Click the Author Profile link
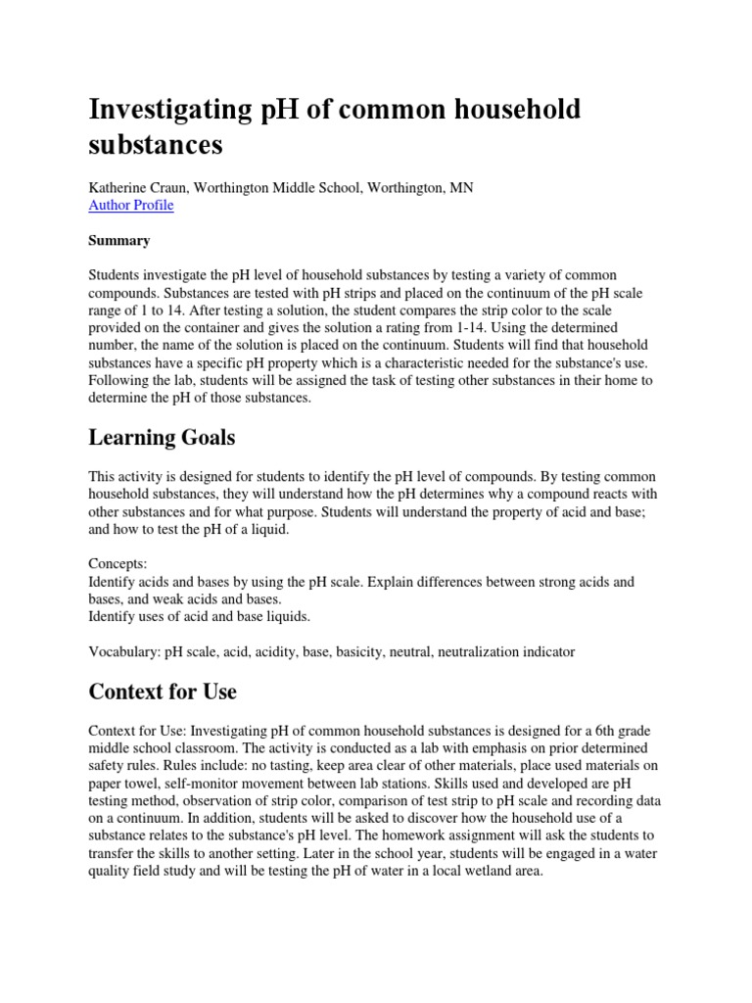(x=131, y=206)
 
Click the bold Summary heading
(x=118, y=240)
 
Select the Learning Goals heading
(x=162, y=436)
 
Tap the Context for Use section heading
(x=163, y=692)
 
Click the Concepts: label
(x=117, y=564)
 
